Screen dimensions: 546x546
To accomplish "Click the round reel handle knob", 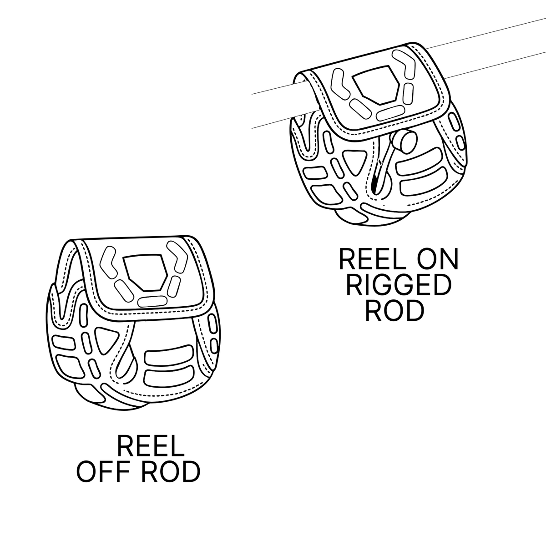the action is pyautogui.click(x=404, y=141).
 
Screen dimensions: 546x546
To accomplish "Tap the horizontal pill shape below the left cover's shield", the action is pyautogui.click(x=152, y=301).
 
